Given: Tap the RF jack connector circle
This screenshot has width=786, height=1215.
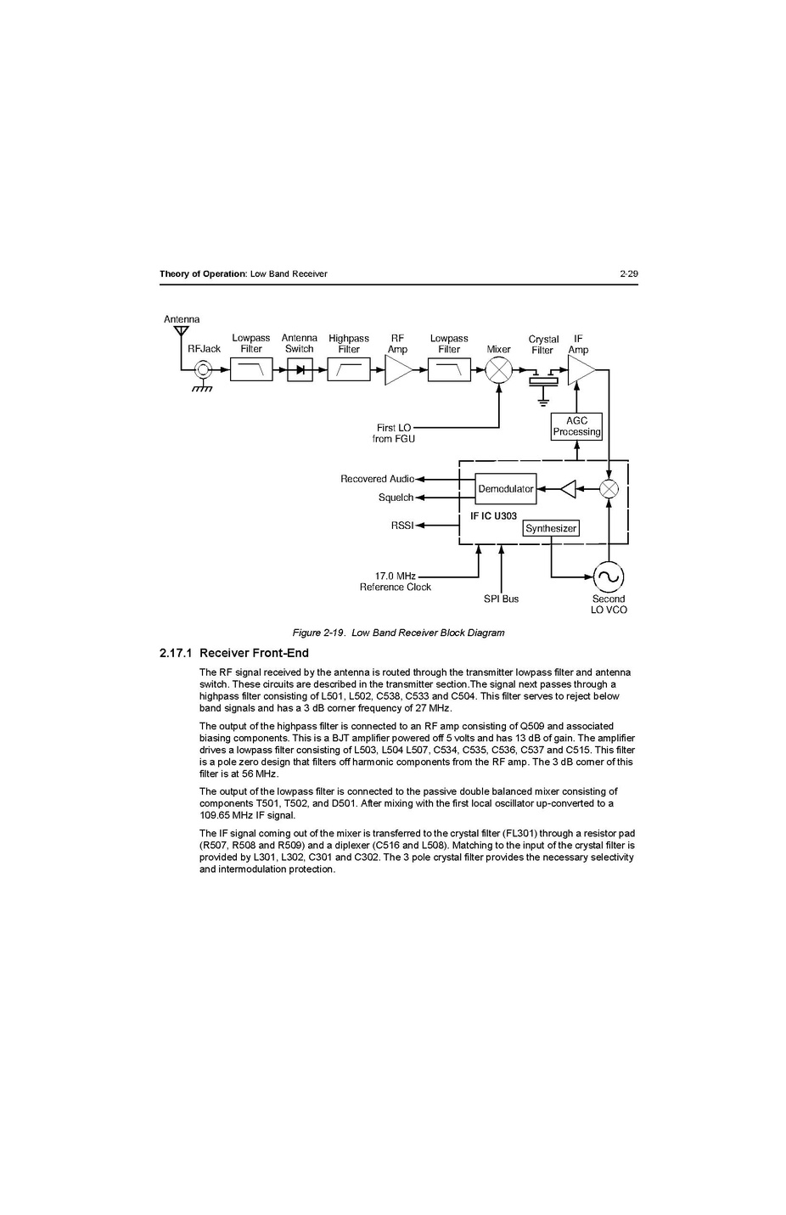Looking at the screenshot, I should pos(203,370).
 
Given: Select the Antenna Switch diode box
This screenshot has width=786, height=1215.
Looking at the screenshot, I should pos(300,370).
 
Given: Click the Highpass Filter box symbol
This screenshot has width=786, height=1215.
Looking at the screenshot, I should pos(349,370).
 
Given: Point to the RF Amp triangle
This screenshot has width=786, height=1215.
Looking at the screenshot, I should pos(397,370).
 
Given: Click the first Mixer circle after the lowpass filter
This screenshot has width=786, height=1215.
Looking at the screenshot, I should pos(498,370).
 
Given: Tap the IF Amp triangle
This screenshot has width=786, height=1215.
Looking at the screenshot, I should pos(581,370).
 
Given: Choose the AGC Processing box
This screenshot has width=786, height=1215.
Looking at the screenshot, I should pos(576,426).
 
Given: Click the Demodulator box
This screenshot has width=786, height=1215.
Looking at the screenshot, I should pos(506,489).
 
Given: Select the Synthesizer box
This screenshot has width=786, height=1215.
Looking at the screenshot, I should pos(551,528).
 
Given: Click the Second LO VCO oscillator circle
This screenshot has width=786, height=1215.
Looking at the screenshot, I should pos(609,577).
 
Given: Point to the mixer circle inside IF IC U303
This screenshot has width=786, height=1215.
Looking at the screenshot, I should pos(609,489).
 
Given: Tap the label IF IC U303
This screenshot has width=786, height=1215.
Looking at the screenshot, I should pos(493,516).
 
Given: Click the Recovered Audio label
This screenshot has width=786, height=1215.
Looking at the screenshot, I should pos(377,479).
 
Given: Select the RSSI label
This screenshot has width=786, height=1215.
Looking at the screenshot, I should pos(401,526).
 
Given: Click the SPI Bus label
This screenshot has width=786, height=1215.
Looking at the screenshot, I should pos(501,599).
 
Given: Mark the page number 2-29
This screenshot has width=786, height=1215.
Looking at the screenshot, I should pos(628,273).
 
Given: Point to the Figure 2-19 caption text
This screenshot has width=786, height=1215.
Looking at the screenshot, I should pos(398,633).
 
